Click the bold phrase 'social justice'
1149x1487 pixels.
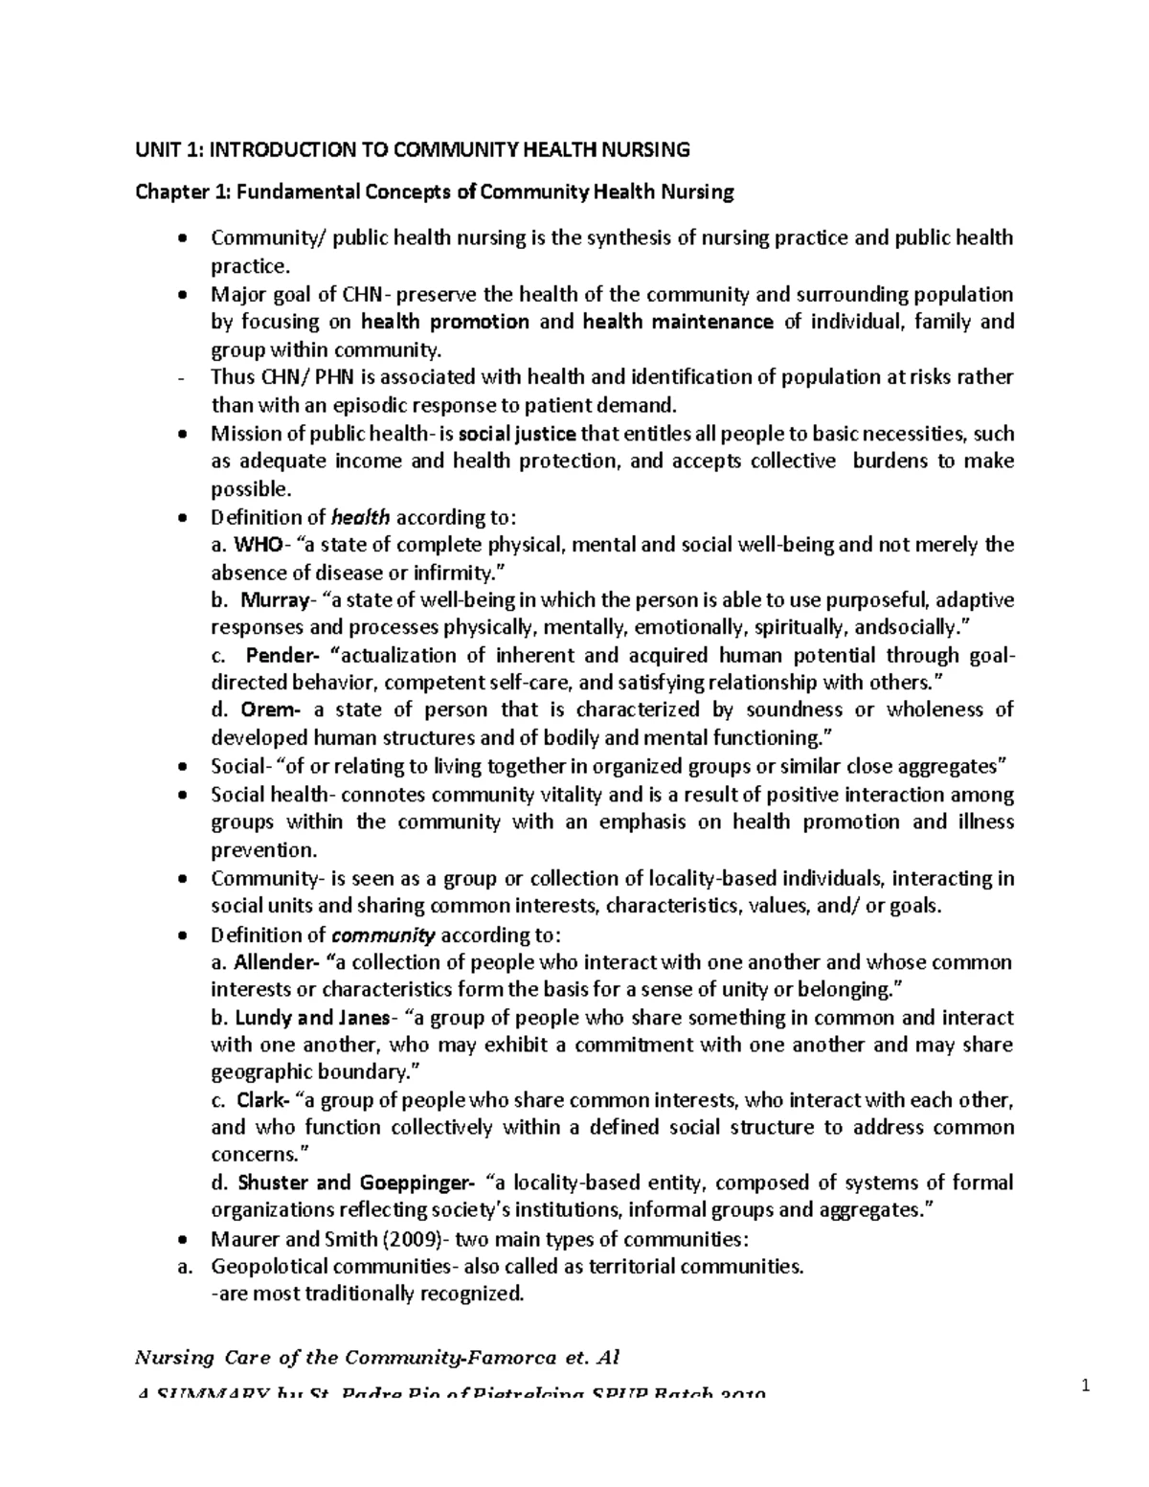click(x=518, y=434)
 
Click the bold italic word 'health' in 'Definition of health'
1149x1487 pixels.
click(x=360, y=518)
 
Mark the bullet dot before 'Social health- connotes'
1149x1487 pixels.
click(x=183, y=796)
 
